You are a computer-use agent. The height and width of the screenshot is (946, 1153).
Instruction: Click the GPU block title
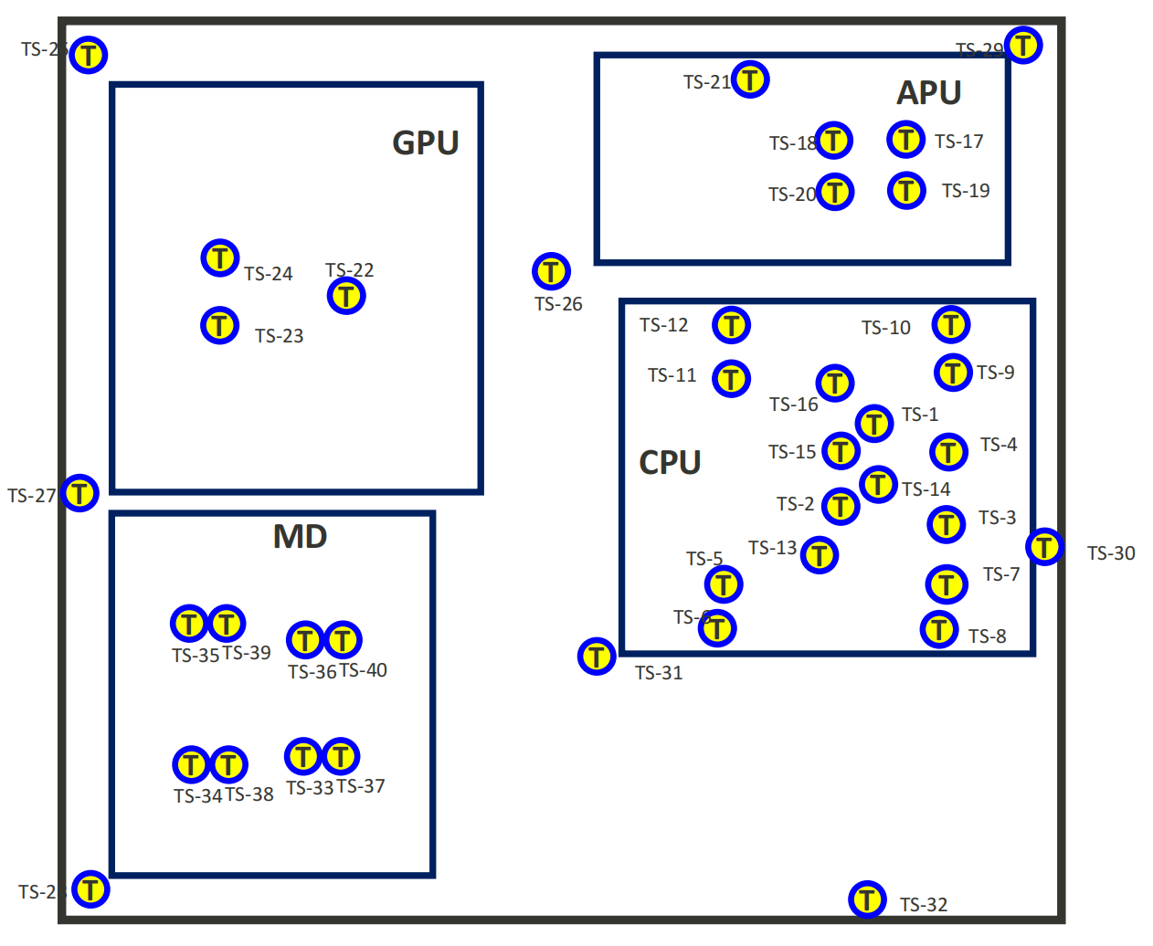point(426,142)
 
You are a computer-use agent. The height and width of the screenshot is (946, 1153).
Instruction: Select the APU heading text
point(928,92)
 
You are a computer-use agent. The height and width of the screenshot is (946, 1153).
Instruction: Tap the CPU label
point(670,462)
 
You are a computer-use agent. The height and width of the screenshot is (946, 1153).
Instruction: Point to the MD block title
point(300,536)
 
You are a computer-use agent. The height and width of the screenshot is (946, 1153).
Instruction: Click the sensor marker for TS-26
point(551,271)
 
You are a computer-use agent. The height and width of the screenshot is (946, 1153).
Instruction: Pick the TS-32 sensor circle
point(867,899)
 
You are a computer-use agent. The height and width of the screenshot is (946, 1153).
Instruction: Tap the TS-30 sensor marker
point(1044,547)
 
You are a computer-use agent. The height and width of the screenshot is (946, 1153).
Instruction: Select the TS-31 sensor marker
point(597,656)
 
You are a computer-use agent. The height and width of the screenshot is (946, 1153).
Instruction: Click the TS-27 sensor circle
point(80,493)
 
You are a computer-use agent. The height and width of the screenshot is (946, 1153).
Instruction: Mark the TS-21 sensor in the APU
point(750,79)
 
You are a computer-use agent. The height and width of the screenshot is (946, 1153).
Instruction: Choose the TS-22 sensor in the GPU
point(346,295)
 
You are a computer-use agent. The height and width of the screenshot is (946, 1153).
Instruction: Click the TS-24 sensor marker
point(220,258)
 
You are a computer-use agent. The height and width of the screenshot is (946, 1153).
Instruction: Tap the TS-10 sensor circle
point(951,324)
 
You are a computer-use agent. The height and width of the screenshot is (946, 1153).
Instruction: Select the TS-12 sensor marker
point(731,324)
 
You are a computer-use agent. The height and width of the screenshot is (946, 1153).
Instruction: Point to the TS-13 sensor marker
point(820,554)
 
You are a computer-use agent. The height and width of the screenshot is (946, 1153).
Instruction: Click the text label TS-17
point(958,142)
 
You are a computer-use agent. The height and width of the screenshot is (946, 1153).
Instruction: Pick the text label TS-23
point(279,336)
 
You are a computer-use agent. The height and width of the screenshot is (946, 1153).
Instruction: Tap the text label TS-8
point(987,636)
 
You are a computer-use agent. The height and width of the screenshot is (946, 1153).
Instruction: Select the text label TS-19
point(966,191)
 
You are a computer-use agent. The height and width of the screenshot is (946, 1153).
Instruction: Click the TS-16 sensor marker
point(835,384)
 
